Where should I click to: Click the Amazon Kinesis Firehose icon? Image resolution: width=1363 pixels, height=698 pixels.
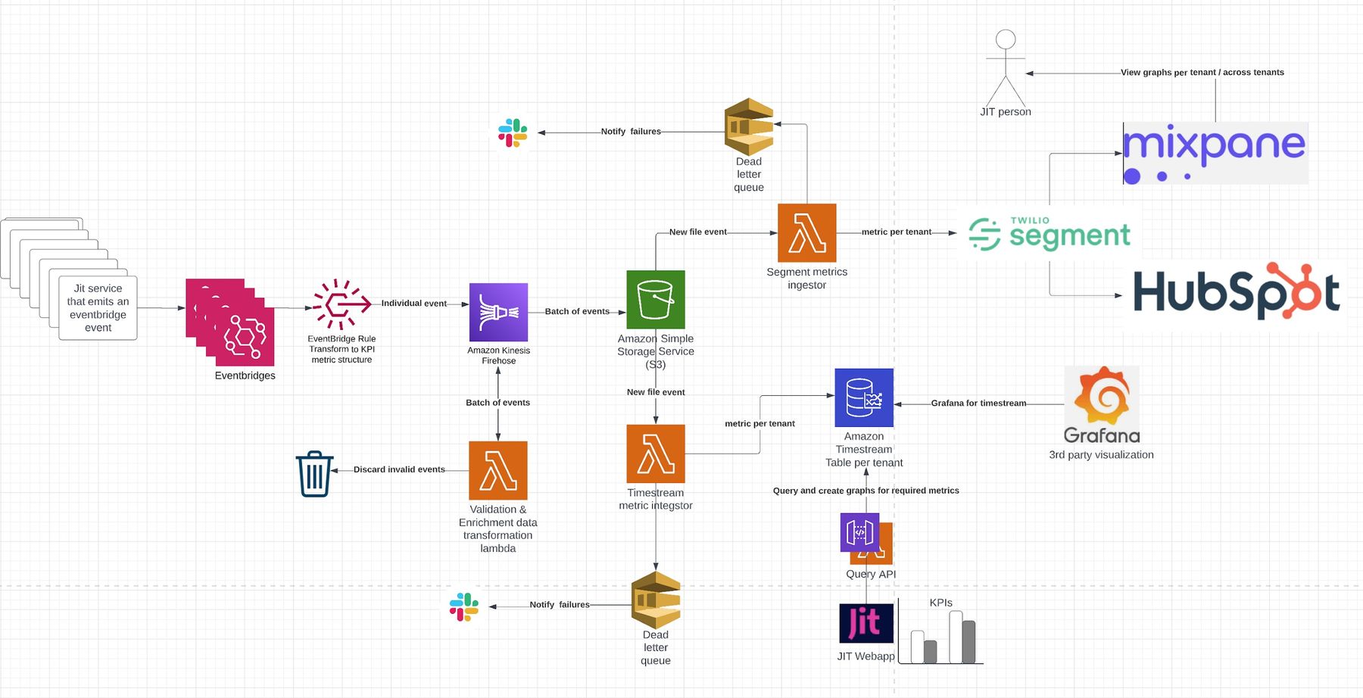pos(498,312)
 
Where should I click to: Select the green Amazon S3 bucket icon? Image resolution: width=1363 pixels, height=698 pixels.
pos(656,300)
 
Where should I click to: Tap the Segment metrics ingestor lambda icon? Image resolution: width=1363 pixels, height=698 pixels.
pos(806,232)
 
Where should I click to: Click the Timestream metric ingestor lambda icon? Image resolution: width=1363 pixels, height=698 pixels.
pos(656,453)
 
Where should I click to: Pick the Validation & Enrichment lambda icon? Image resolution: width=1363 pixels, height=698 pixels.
pos(498,470)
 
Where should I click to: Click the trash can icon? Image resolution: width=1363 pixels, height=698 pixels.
pos(314,474)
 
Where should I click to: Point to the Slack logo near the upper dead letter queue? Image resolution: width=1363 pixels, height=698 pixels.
pos(513,132)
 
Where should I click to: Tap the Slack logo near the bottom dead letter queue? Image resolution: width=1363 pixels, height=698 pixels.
pos(463,607)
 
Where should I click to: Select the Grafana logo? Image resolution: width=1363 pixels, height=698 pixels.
pos(1102,405)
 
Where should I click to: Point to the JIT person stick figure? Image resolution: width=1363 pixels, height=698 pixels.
pos(1006,68)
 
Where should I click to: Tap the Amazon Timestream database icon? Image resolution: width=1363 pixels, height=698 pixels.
pos(864,397)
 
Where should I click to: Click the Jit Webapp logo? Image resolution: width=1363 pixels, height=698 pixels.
pos(866,622)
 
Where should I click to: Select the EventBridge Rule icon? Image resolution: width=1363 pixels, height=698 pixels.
pos(342,304)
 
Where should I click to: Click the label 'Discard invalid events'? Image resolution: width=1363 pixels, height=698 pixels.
pos(399,469)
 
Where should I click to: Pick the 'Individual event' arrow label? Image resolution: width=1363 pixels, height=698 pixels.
pos(413,303)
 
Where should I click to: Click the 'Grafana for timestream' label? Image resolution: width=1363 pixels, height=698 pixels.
pos(978,404)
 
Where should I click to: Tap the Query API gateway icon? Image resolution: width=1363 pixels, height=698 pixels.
pos(859,532)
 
